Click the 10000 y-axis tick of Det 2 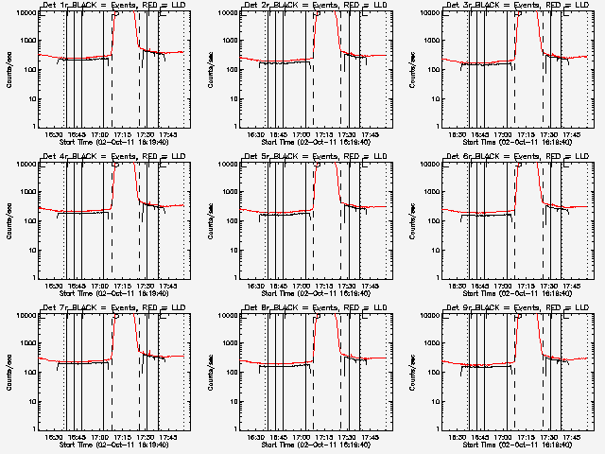click(x=224, y=13)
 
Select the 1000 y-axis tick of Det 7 click(x=25, y=344)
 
